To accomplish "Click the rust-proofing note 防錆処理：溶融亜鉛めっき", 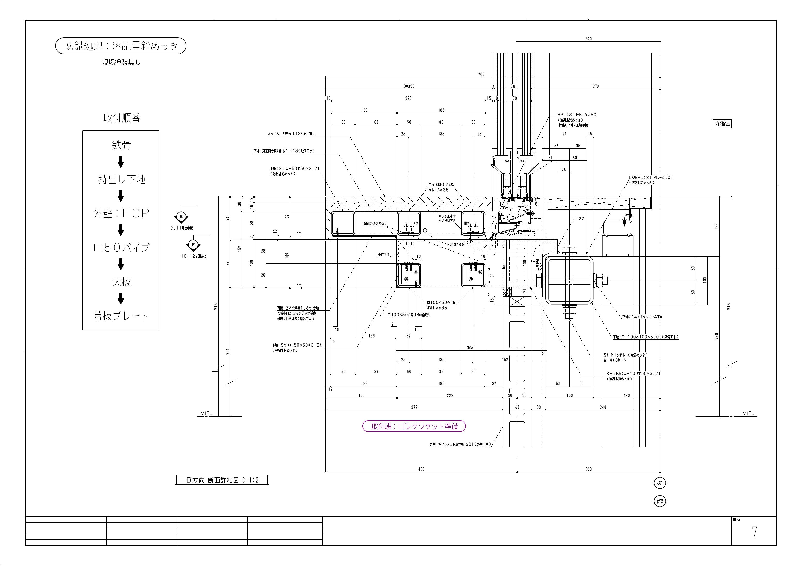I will [x=121, y=46].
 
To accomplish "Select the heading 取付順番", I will [x=121, y=118].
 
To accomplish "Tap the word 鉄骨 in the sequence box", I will [x=121, y=145].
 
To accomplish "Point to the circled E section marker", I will [x=181, y=217].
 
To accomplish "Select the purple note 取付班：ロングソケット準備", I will [x=414, y=426].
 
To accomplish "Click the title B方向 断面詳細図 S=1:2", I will [x=222, y=480].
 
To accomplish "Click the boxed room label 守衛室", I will [x=722, y=124].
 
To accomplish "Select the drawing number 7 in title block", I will [x=754, y=532].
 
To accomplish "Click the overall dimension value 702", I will [x=481, y=74].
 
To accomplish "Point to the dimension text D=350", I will [x=409, y=86].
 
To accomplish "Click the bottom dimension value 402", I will [x=421, y=469].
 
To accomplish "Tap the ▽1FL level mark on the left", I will [x=206, y=413].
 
